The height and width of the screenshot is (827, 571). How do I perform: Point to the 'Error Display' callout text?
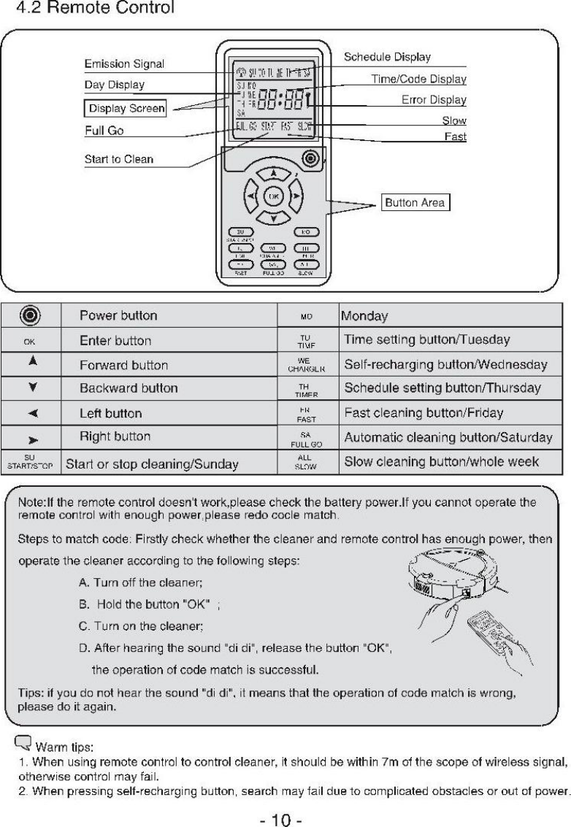[x=434, y=100]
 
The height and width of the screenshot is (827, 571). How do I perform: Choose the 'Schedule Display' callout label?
[x=386, y=57]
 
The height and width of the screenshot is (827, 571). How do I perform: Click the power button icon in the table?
[x=33, y=317]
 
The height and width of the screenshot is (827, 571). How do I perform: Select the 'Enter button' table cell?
[x=115, y=341]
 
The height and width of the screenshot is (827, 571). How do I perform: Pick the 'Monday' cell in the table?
[x=365, y=317]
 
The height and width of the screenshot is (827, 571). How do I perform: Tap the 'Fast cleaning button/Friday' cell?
[x=424, y=413]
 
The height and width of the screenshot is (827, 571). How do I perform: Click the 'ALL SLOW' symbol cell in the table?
[x=306, y=462]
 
